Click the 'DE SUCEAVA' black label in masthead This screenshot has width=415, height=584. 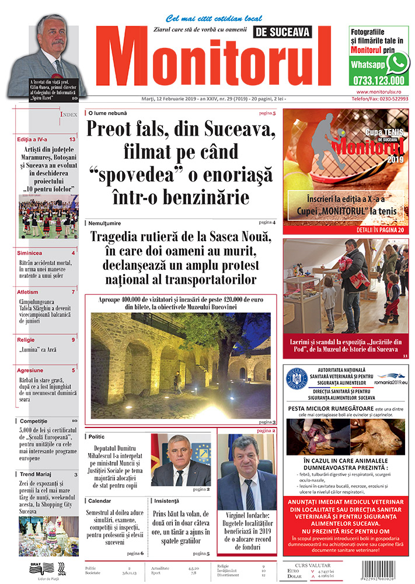click(283, 33)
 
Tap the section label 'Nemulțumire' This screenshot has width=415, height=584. click(108, 224)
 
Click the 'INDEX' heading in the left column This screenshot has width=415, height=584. click(68, 115)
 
